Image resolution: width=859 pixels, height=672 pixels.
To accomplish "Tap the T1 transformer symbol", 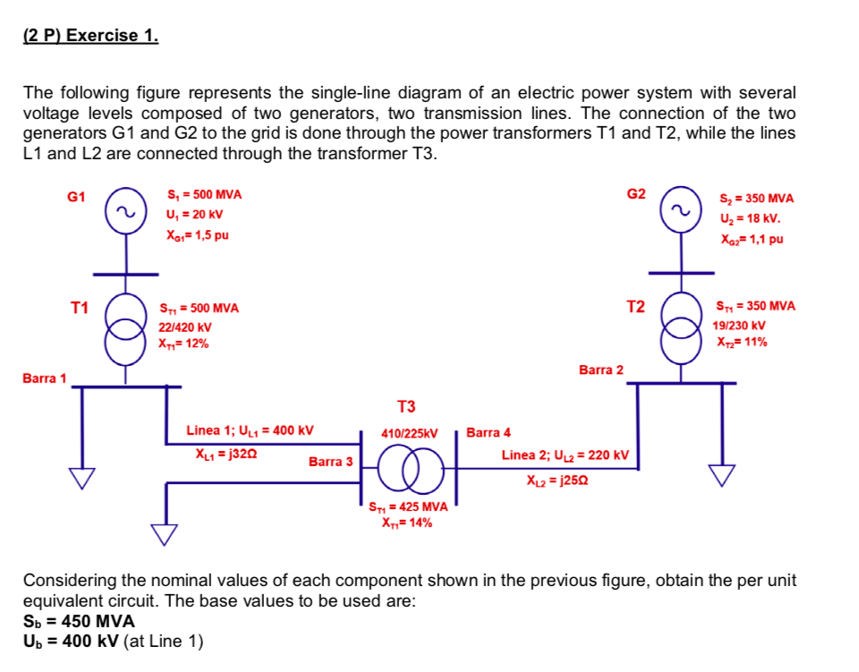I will (x=125, y=327).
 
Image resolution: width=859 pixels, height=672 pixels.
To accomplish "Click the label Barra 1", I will (x=45, y=378).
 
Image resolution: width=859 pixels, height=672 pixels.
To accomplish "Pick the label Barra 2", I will (x=601, y=370).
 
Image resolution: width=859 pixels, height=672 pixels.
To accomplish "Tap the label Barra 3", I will (x=331, y=462).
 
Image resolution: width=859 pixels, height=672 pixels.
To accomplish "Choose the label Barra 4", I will (x=489, y=433).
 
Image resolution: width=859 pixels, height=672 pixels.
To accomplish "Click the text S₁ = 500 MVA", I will (x=205, y=195).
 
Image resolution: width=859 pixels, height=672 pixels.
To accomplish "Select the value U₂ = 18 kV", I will (x=750, y=218).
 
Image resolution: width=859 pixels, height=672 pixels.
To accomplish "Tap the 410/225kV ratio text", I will (x=409, y=433).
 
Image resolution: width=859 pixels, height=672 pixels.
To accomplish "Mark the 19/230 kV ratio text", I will (x=739, y=325).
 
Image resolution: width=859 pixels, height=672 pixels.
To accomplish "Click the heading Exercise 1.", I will (x=89, y=36).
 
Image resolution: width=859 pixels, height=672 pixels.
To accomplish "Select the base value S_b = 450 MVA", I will (x=79, y=622).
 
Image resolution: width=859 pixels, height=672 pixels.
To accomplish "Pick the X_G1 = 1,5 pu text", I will (x=197, y=235).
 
